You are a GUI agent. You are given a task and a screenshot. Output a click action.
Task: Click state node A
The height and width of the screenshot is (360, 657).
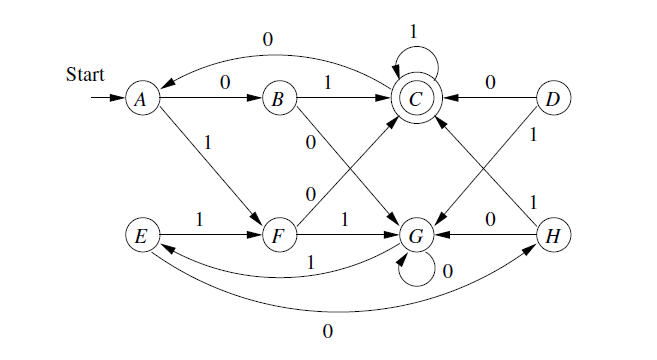pos(142,100)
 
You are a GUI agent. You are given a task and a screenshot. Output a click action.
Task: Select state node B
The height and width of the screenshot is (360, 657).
pos(279,100)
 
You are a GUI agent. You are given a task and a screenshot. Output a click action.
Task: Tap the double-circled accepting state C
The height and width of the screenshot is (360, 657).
pos(415,100)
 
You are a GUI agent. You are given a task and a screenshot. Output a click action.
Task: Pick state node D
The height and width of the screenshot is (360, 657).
pos(552,100)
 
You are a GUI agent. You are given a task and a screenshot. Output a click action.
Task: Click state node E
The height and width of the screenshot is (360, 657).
pos(142,237)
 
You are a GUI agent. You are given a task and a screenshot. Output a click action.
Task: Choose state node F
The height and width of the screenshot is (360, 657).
pos(279,237)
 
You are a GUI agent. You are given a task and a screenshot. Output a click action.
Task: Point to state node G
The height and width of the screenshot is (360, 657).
pos(415,237)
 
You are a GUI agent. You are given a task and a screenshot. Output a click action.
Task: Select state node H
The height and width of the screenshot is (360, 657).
pos(552,237)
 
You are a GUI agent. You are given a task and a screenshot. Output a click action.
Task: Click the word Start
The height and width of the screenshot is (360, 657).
pos(85,74)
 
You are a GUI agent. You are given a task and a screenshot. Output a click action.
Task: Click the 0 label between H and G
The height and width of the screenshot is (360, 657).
pos(490,218)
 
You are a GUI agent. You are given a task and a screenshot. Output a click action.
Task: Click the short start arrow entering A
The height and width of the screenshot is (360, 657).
pos(106,100)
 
